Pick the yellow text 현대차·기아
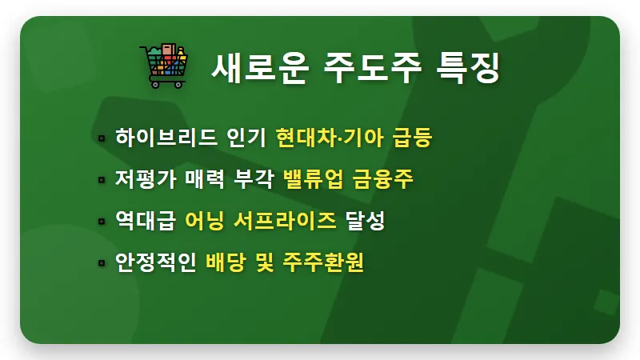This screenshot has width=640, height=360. tap(330, 138)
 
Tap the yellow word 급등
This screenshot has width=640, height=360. tap(413, 138)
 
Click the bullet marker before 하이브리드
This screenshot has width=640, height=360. tap(102, 138)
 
